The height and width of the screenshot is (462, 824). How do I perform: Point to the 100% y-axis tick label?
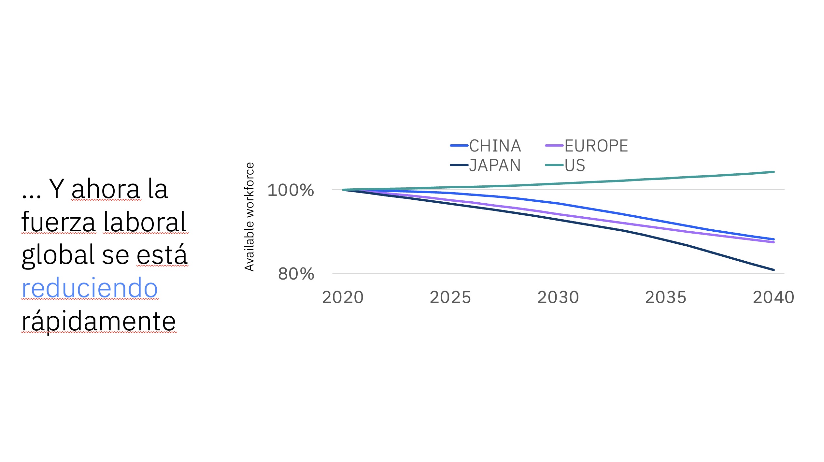pos(291,190)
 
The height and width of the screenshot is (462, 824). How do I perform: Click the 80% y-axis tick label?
pos(296,274)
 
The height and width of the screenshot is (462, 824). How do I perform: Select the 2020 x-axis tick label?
pos(343,297)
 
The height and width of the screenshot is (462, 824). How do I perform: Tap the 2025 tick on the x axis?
pos(450,297)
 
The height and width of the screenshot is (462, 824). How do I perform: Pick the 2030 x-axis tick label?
pos(558,297)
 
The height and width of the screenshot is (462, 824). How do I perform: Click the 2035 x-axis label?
pos(666,297)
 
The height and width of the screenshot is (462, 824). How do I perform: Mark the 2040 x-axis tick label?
pos(774,297)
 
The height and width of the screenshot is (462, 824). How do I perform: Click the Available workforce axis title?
pos(249,217)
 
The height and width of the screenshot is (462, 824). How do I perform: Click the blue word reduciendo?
pos(90,288)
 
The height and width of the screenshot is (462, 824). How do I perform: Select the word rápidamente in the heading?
pos(99,322)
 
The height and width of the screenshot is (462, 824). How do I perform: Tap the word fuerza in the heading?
pos(59,222)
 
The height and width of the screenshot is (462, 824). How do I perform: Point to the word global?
pos(58,255)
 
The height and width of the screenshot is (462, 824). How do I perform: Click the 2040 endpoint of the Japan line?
pos(774,270)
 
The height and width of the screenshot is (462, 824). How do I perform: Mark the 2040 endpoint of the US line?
pos(774,172)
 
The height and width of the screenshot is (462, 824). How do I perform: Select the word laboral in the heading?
pos(145,222)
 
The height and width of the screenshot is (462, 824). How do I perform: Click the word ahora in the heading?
pos(106,189)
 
